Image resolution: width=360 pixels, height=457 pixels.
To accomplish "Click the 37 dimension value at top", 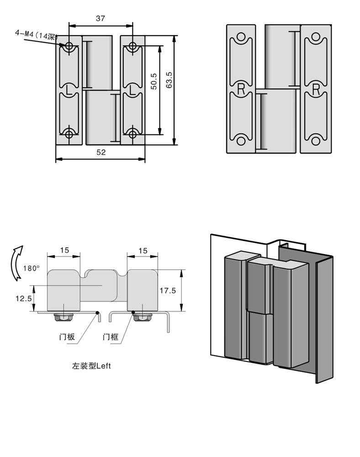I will tap(101, 18).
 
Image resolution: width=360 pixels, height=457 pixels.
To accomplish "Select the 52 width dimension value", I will tap(101, 153).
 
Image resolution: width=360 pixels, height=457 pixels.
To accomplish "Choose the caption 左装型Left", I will tap(91, 366).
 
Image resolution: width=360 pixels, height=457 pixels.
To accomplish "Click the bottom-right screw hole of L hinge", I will tap(132, 134).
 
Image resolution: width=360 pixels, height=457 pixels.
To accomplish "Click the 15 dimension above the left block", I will tap(64, 250).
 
